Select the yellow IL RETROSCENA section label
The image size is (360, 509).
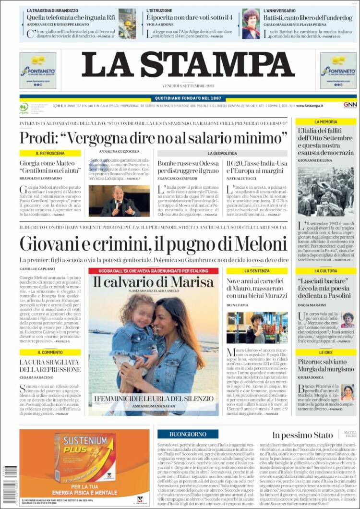[50, 153]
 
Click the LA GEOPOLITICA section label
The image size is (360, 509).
[222, 153]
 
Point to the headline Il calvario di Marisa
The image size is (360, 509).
[153, 282]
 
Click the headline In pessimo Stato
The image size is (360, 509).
[302, 435]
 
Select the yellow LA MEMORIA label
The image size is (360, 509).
[325, 122]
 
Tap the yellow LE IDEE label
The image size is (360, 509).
[325, 352]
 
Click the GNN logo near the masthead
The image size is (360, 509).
[349, 105]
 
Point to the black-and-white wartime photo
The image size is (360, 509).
[325, 192]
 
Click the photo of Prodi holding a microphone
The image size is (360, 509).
[119, 201]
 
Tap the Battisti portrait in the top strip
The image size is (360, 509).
[251, 24]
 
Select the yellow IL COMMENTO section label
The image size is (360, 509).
[50, 352]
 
